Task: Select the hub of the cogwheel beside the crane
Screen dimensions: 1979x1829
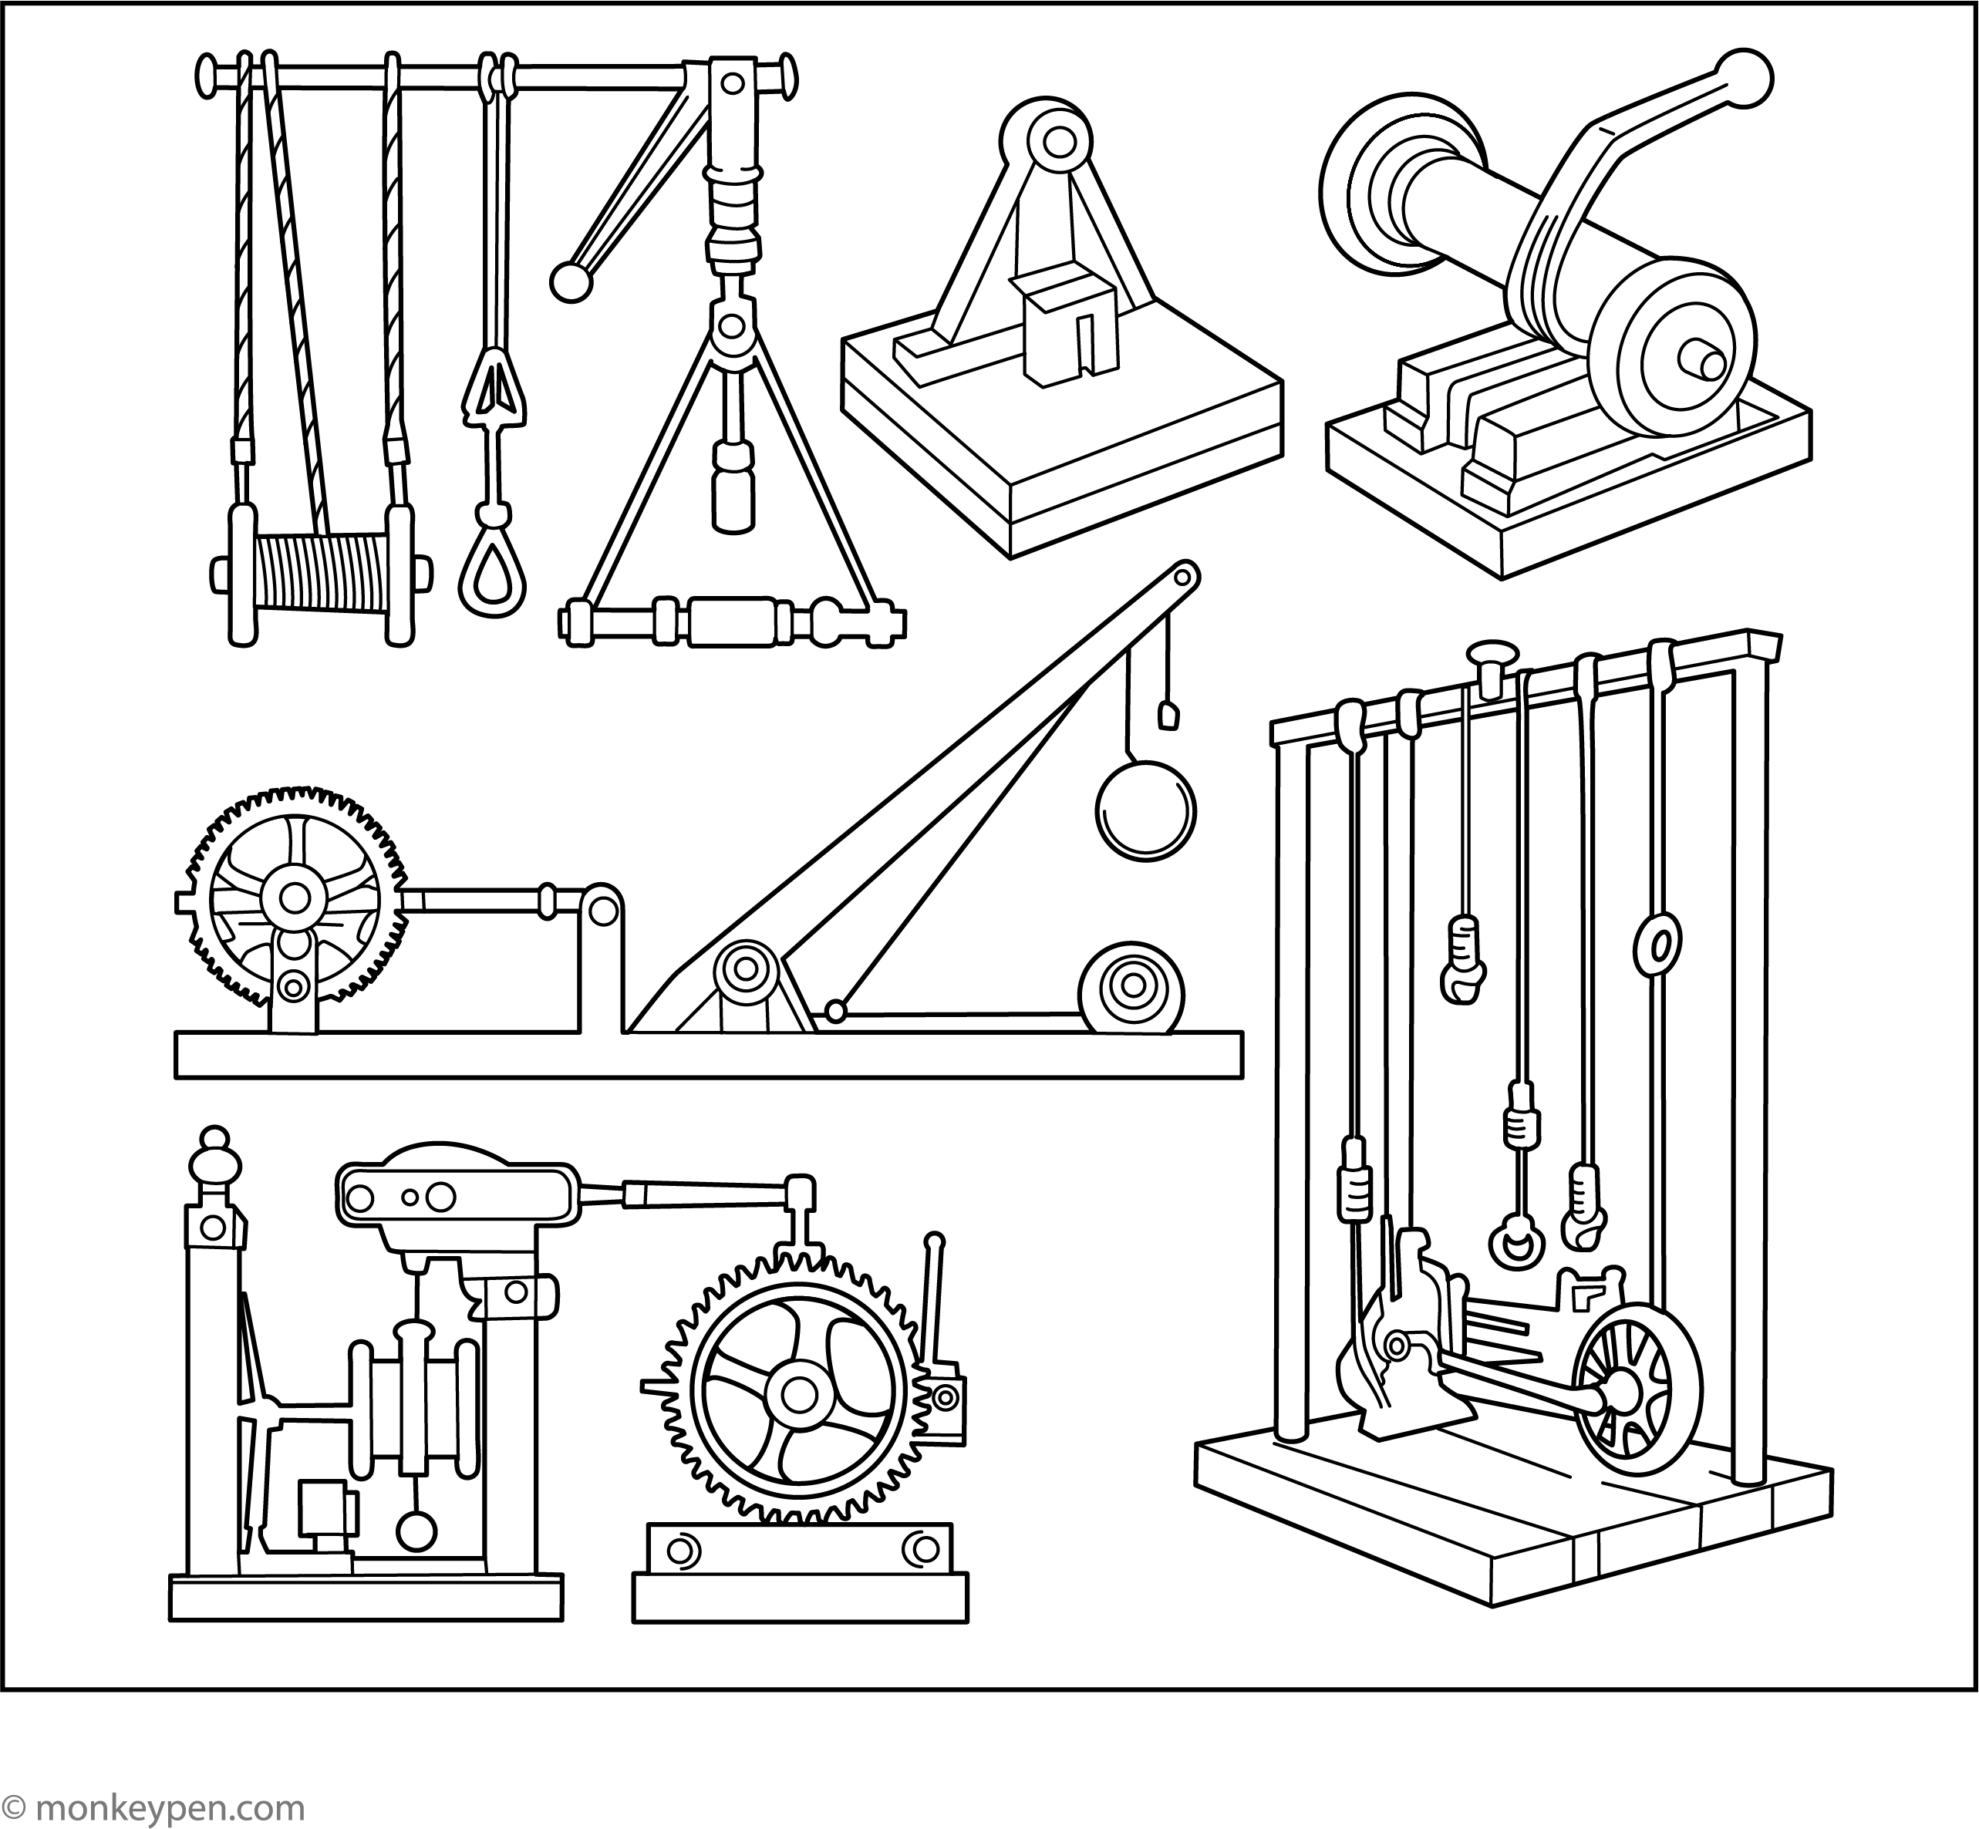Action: coord(293,898)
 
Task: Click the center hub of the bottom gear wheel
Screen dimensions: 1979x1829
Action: coord(796,1395)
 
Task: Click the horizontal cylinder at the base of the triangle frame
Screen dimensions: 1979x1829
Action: coord(734,621)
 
